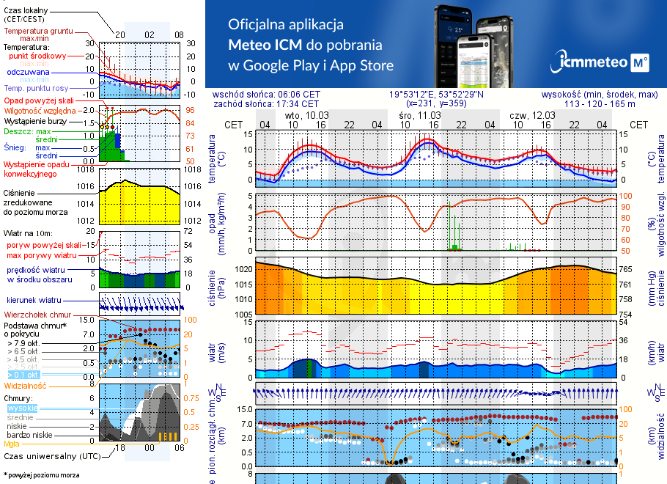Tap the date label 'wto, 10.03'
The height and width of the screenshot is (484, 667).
click(x=307, y=116)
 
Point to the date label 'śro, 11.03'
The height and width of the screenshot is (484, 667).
click(x=420, y=116)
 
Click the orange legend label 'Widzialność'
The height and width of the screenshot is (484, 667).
click(x=26, y=384)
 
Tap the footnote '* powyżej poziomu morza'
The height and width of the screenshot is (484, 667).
click(x=41, y=475)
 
